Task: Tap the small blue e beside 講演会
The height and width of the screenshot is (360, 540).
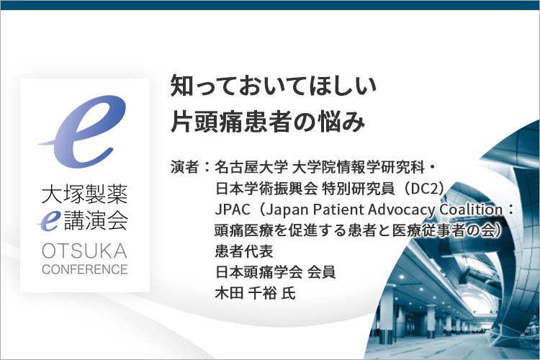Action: [49, 220]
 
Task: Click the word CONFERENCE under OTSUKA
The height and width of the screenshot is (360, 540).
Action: [85, 269]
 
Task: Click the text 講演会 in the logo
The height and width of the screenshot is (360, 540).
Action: [96, 220]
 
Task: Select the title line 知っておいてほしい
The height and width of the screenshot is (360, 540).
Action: [274, 85]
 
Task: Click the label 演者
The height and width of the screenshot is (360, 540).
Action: [184, 168]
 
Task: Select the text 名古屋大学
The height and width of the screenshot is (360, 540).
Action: [251, 168]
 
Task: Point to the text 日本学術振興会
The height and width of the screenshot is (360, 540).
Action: [266, 189]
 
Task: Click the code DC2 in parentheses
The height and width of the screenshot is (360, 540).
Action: [424, 189]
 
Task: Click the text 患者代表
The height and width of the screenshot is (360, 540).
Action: [244, 251]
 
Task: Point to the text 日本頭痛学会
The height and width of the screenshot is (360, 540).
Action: [259, 272]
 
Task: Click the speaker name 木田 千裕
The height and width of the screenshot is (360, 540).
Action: [246, 294]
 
